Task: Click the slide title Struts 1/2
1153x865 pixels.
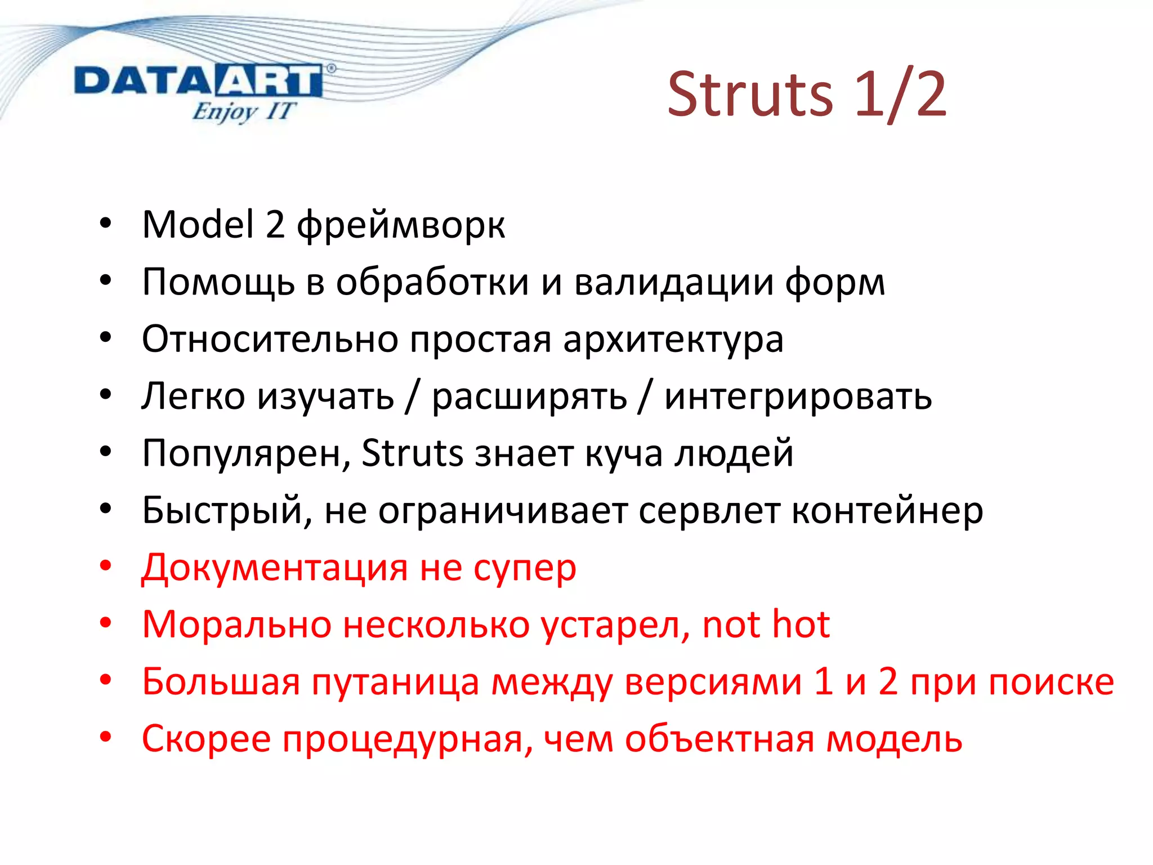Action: point(806,95)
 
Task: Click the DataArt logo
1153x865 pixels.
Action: point(198,82)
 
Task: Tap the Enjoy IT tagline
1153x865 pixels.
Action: point(243,112)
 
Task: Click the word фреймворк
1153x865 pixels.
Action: point(401,225)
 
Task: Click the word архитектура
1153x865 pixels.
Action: point(673,340)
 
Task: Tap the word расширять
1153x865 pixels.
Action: point(529,397)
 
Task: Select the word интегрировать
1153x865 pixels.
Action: point(798,397)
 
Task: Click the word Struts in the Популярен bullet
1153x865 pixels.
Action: point(412,453)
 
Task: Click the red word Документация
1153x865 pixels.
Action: point(275,568)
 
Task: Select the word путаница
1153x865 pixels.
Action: point(395,682)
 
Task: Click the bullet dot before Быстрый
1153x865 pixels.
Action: point(106,509)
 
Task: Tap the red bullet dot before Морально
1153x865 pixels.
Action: point(106,623)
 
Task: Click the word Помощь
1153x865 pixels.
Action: point(218,282)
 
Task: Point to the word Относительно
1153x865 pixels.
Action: point(270,340)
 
